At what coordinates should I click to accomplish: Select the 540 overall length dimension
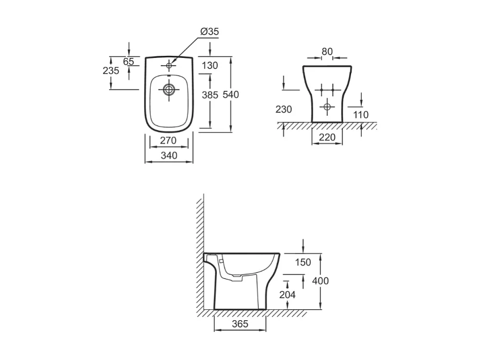click(x=230, y=95)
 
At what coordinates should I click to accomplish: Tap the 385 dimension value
click(x=210, y=95)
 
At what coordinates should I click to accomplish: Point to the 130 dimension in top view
click(x=210, y=66)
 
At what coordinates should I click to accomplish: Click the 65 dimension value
click(x=128, y=62)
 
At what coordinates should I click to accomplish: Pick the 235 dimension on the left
click(x=111, y=71)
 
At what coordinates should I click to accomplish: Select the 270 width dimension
click(x=168, y=140)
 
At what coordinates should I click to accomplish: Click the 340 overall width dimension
click(x=168, y=155)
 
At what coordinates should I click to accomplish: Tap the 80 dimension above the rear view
click(x=327, y=52)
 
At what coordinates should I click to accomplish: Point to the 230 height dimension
click(x=284, y=109)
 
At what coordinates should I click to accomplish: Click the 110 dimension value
click(x=361, y=115)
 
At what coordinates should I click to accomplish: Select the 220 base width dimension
click(x=327, y=138)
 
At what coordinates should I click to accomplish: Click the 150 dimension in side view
click(x=303, y=262)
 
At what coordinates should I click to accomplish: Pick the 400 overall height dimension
click(x=320, y=281)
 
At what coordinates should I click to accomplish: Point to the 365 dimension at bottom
click(x=240, y=324)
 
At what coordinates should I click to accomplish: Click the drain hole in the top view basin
click(x=169, y=90)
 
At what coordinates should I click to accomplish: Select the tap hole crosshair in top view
click(x=169, y=66)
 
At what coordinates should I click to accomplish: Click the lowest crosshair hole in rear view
click(x=326, y=107)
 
